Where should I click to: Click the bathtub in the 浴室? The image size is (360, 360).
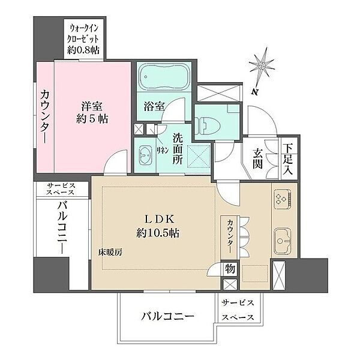pyautogui.click(x=164, y=77)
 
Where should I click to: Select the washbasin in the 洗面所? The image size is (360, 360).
pyautogui.click(x=145, y=155)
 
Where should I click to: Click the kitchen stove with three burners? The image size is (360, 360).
pyautogui.click(x=283, y=197)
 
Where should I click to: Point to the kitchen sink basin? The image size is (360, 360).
pyautogui.click(x=283, y=241)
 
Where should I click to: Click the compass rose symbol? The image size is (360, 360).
pyautogui.click(x=262, y=66)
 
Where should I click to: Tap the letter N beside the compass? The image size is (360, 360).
pyautogui.click(x=254, y=92)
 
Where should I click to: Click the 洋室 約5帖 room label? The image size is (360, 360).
pyautogui.click(x=92, y=113)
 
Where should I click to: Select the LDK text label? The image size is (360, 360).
pyautogui.click(x=160, y=220)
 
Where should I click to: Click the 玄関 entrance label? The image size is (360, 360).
pyautogui.click(x=257, y=158)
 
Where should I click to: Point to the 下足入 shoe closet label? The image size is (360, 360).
pyautogui.click(x=288, y=159)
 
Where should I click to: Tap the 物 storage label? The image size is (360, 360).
pyautogui.click(x=230, y=268)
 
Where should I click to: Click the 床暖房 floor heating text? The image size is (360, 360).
pyautogui.click(x=110, y=253)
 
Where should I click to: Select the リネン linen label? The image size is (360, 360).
pyautogui.click(x=163, y=150)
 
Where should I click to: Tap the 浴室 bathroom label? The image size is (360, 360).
pyautogui.click(x=154, y=107)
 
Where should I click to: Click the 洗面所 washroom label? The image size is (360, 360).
pyautogui.click(x=178, y=149)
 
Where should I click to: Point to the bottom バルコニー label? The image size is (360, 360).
pyautogui.click(x=167, y=317)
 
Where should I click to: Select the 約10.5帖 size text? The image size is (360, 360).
pyautogui.click(x=158, y=233)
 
